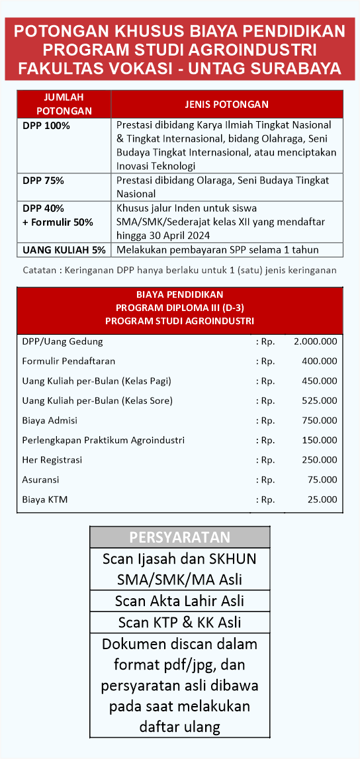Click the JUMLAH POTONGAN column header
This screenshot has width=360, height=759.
click(x=64, y=104)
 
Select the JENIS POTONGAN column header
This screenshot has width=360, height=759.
click(x=226, y=105)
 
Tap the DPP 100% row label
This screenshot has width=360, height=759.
click(x=46, y=125)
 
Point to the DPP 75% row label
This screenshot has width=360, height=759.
click(x=43, y=181)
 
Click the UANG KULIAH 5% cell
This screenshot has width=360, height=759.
click(x=64, y=249)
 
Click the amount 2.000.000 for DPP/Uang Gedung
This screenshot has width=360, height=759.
click(x=315, y=341)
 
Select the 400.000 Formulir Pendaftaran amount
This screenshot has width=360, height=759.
click(x=319, y=361)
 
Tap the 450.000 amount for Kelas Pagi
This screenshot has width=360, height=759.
click(x=319, y=381)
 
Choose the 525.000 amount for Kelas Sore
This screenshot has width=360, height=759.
click(x=319, y=401)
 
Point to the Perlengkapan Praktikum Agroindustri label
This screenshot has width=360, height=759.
click(x=103, y=440)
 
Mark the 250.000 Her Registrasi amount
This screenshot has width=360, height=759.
click(x=319, y=460)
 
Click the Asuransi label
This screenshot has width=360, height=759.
click(x=40, y=480)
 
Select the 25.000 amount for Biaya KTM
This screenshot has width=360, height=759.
click(x=322, y=500)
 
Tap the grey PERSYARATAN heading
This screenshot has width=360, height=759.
click(x=179, y=537)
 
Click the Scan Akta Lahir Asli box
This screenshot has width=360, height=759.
click(x=179, y=601)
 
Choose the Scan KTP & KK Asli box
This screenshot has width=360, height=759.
click(x=179, y=623)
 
